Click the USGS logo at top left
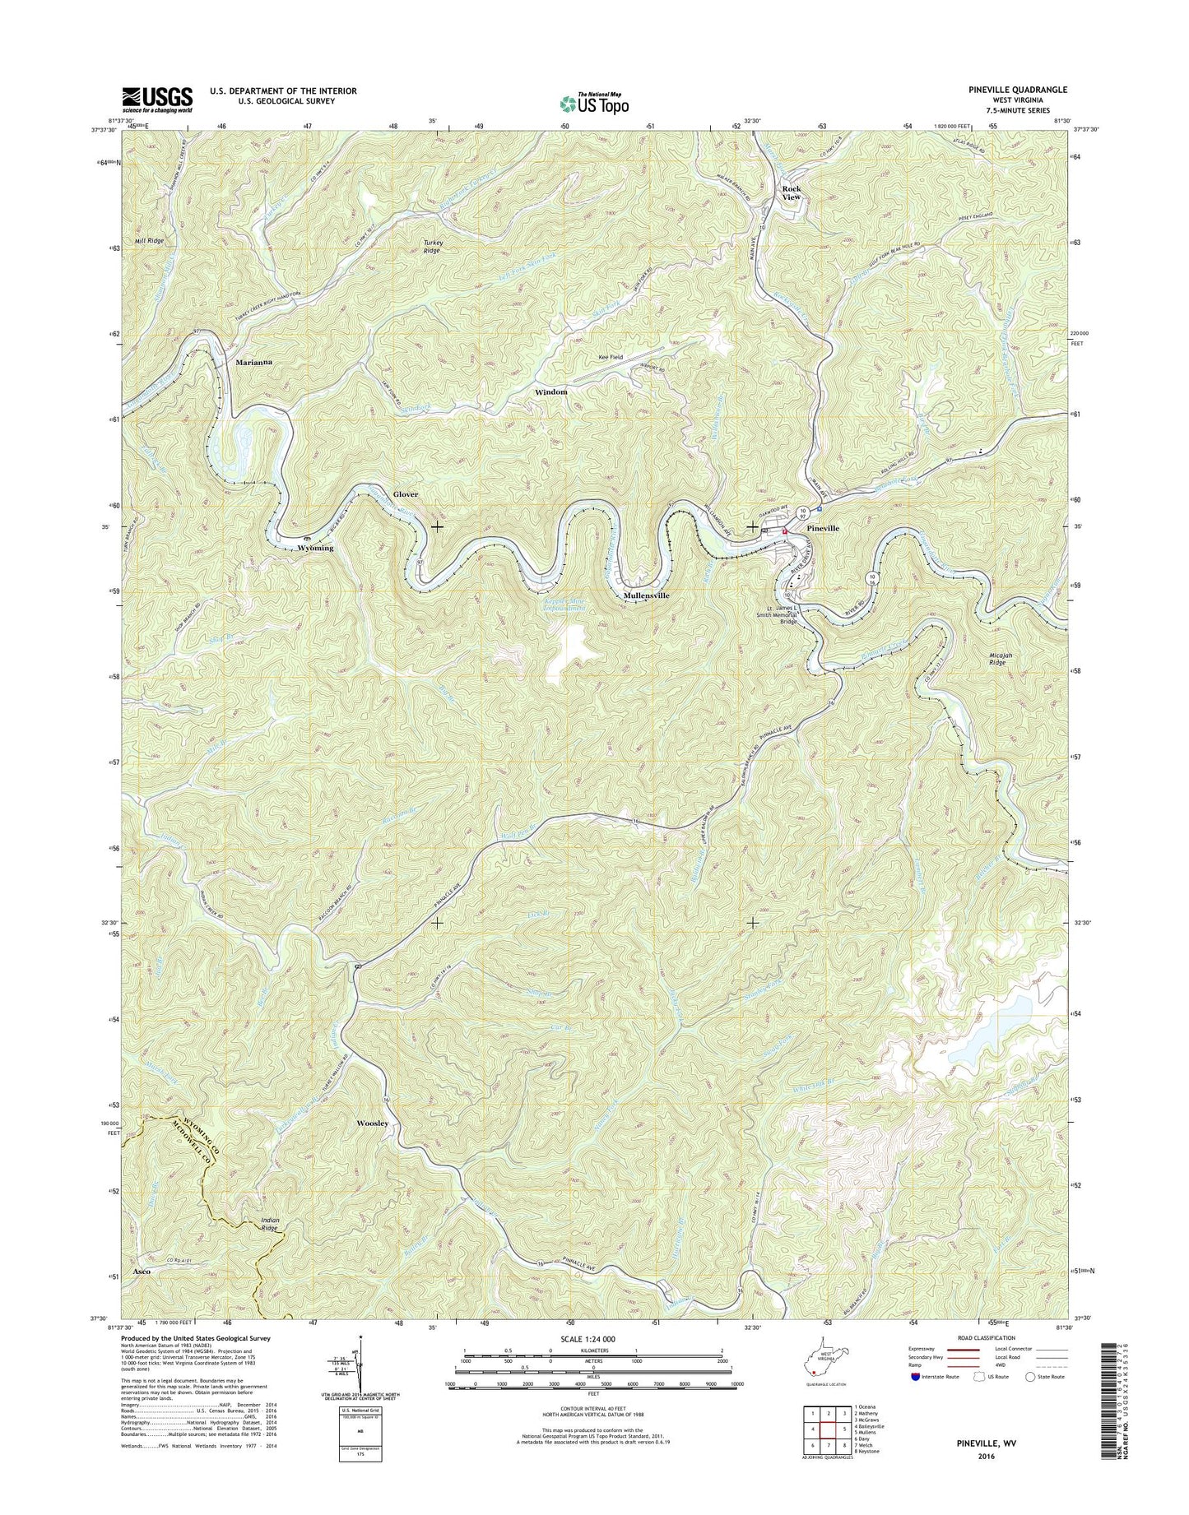coord(157,100)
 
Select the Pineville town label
coord(822,528)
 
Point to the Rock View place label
coord(791,192)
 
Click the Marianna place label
coord(253,362)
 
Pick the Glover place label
coord(405,494)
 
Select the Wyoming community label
coord(316,548)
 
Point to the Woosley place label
coord(372,1123)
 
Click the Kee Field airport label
coord(611,358)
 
